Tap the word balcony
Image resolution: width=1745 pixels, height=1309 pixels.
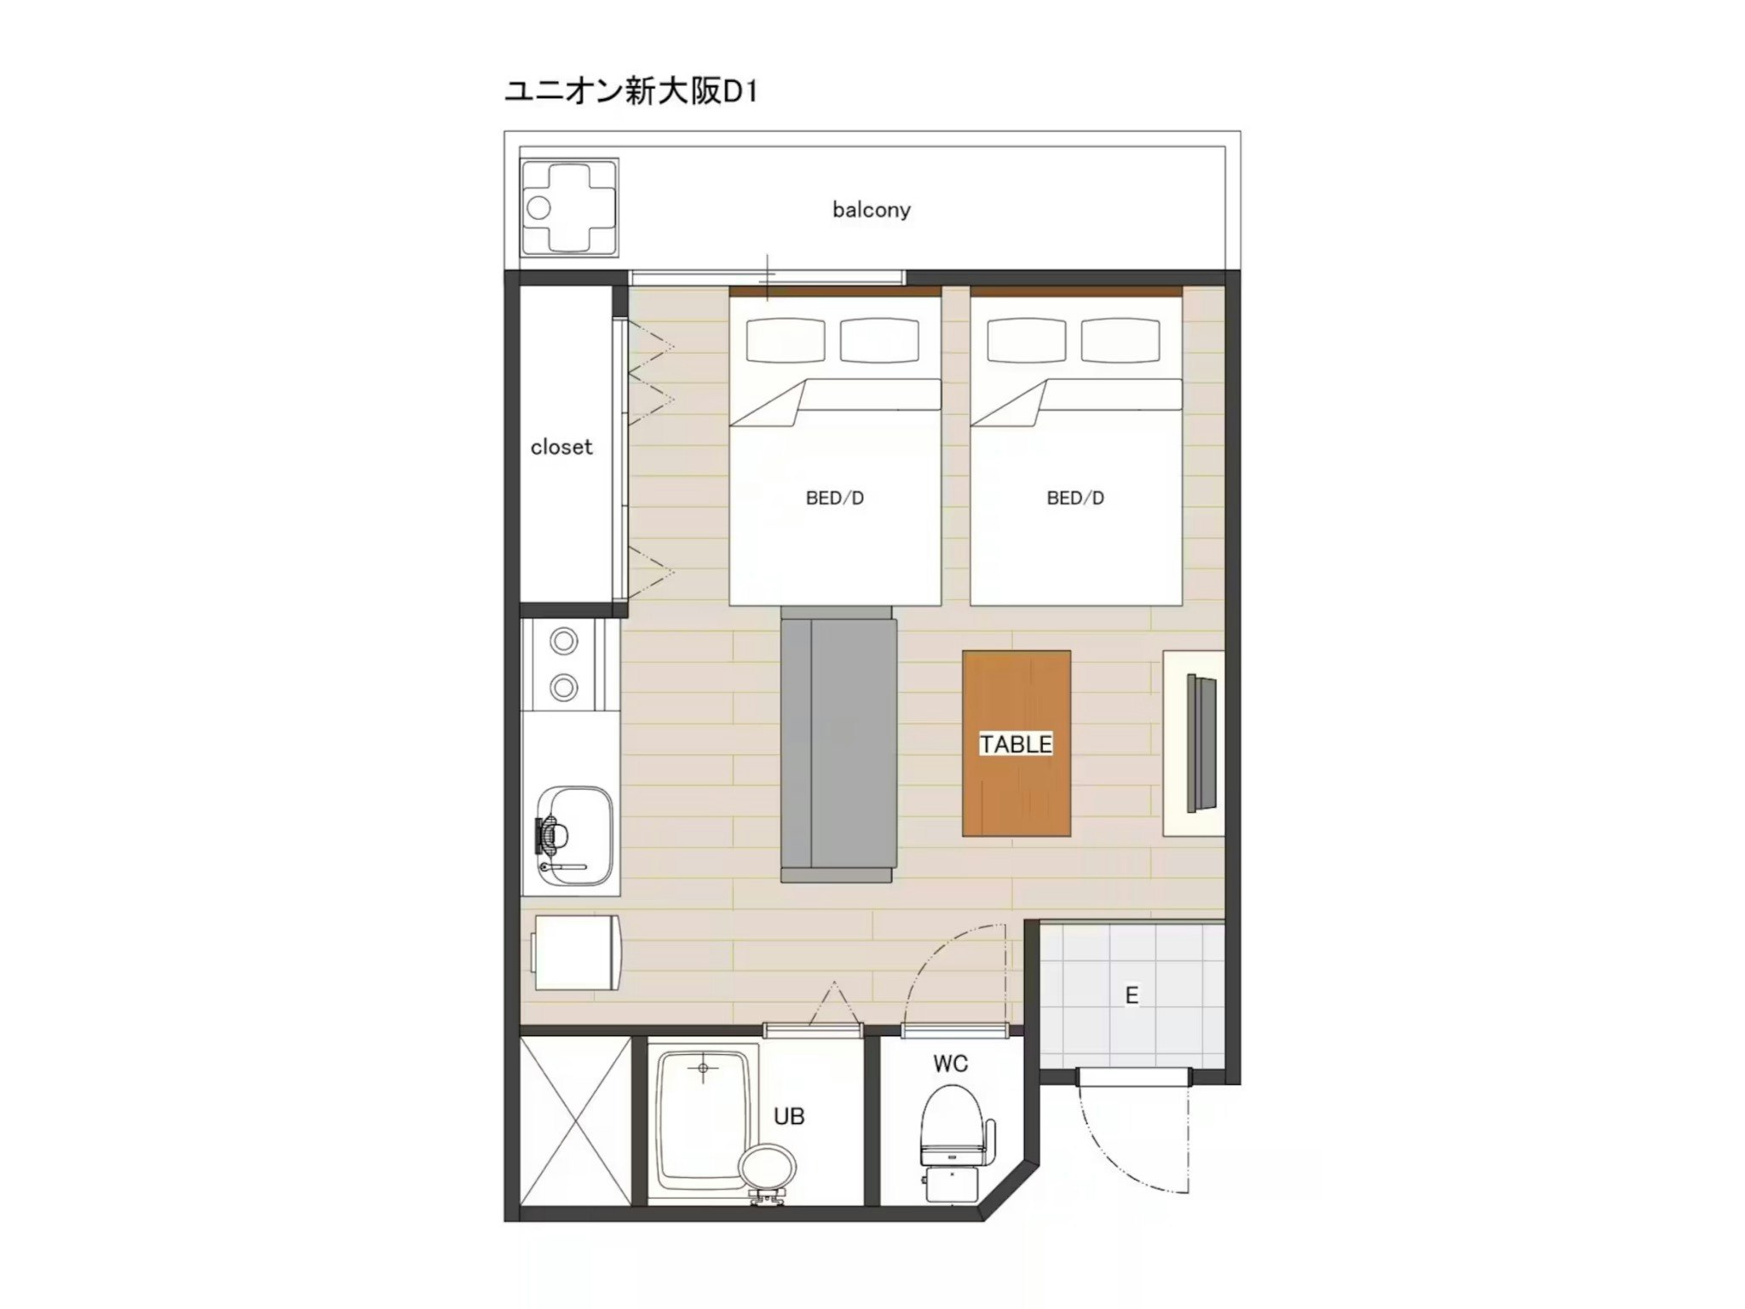tap(871, 210)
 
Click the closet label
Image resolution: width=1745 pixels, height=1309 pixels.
tap(561, 447)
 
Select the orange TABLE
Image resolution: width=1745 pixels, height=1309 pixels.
tap(1016, 743)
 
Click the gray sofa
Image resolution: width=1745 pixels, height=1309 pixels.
tap(838, 746)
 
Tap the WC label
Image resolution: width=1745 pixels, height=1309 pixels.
tap(950, 1064)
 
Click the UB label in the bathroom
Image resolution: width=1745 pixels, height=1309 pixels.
tap(789, 1116)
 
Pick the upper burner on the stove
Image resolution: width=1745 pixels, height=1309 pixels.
tap(563, 641)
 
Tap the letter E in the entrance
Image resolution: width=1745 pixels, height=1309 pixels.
tap(1132, 995)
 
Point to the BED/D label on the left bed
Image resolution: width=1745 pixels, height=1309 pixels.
tap(835, 499)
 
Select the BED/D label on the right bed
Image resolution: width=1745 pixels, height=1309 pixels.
tap(1075, 499)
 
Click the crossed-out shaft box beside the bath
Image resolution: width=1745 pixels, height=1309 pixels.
tap(576, 1120)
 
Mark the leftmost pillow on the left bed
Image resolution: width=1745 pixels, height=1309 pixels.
tap(785, 340)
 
